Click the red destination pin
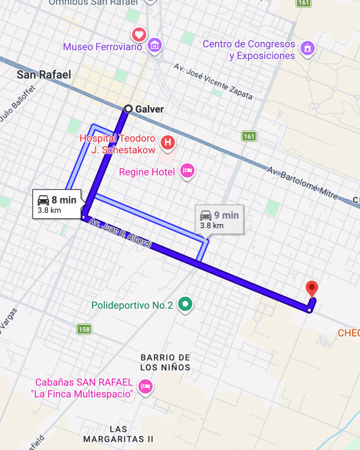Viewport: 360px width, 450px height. (x=312, y=288)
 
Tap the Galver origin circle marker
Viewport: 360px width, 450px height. (x=128, y=109)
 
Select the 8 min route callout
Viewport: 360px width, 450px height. (x=57, y=204)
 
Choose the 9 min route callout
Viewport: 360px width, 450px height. (x=219, y=220)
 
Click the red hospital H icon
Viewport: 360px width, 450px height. (x=168, y=142)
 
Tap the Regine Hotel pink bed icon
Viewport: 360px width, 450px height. (x=187, y=171)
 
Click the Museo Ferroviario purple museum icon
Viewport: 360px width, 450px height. (x=155, y=45)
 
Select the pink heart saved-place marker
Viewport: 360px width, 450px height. (x=139, y=34)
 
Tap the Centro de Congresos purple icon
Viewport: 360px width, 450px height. (x=307, y=48)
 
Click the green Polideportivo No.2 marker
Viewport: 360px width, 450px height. (x=185, y=304)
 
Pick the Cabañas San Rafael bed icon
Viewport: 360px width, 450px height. (x=145, y=387)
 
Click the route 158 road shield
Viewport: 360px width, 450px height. (x=84, y=329)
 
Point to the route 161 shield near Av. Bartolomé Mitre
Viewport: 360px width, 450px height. (x=249, y=136)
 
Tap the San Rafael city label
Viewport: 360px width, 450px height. (x=44, y=75)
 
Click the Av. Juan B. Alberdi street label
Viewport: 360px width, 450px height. (x=121, y=233)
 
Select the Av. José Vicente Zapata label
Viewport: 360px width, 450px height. (x=213, y=82)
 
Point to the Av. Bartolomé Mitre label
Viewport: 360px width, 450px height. (x=302, y=183)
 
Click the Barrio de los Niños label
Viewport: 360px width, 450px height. (x=165, y=363)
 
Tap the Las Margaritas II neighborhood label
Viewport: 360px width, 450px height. (x=118, y=434)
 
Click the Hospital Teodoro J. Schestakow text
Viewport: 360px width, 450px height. (x=118, y=144)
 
